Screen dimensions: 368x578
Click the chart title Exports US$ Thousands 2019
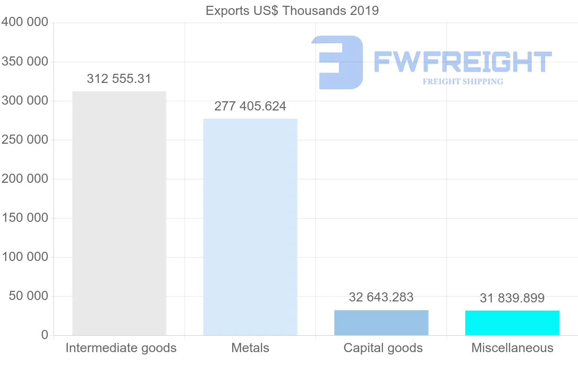click(292, 11)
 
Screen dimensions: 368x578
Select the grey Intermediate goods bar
click(119, 213)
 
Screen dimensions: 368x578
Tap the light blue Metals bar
click(250, 227)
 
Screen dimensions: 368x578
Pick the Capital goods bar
click(381, 323)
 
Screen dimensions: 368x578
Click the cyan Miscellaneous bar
click(512, 323)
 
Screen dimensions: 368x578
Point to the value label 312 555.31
click(119, 79)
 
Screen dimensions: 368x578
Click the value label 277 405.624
click(250, 106)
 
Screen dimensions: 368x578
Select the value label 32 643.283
click(381, 297)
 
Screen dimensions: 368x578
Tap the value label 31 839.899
click(512, 298)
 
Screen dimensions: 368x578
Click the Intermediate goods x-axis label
click(121, 348)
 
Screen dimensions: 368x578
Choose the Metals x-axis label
click(250, 348)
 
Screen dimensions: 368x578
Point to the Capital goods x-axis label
click(383, 348)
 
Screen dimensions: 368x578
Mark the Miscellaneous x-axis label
click(512, 348)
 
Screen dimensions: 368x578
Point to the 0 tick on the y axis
click(44, 335)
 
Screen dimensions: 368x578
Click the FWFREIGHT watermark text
click(462, 62)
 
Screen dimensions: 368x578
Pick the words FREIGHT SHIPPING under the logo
click(462, 82)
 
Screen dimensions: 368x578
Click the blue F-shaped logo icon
click(337, 62)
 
